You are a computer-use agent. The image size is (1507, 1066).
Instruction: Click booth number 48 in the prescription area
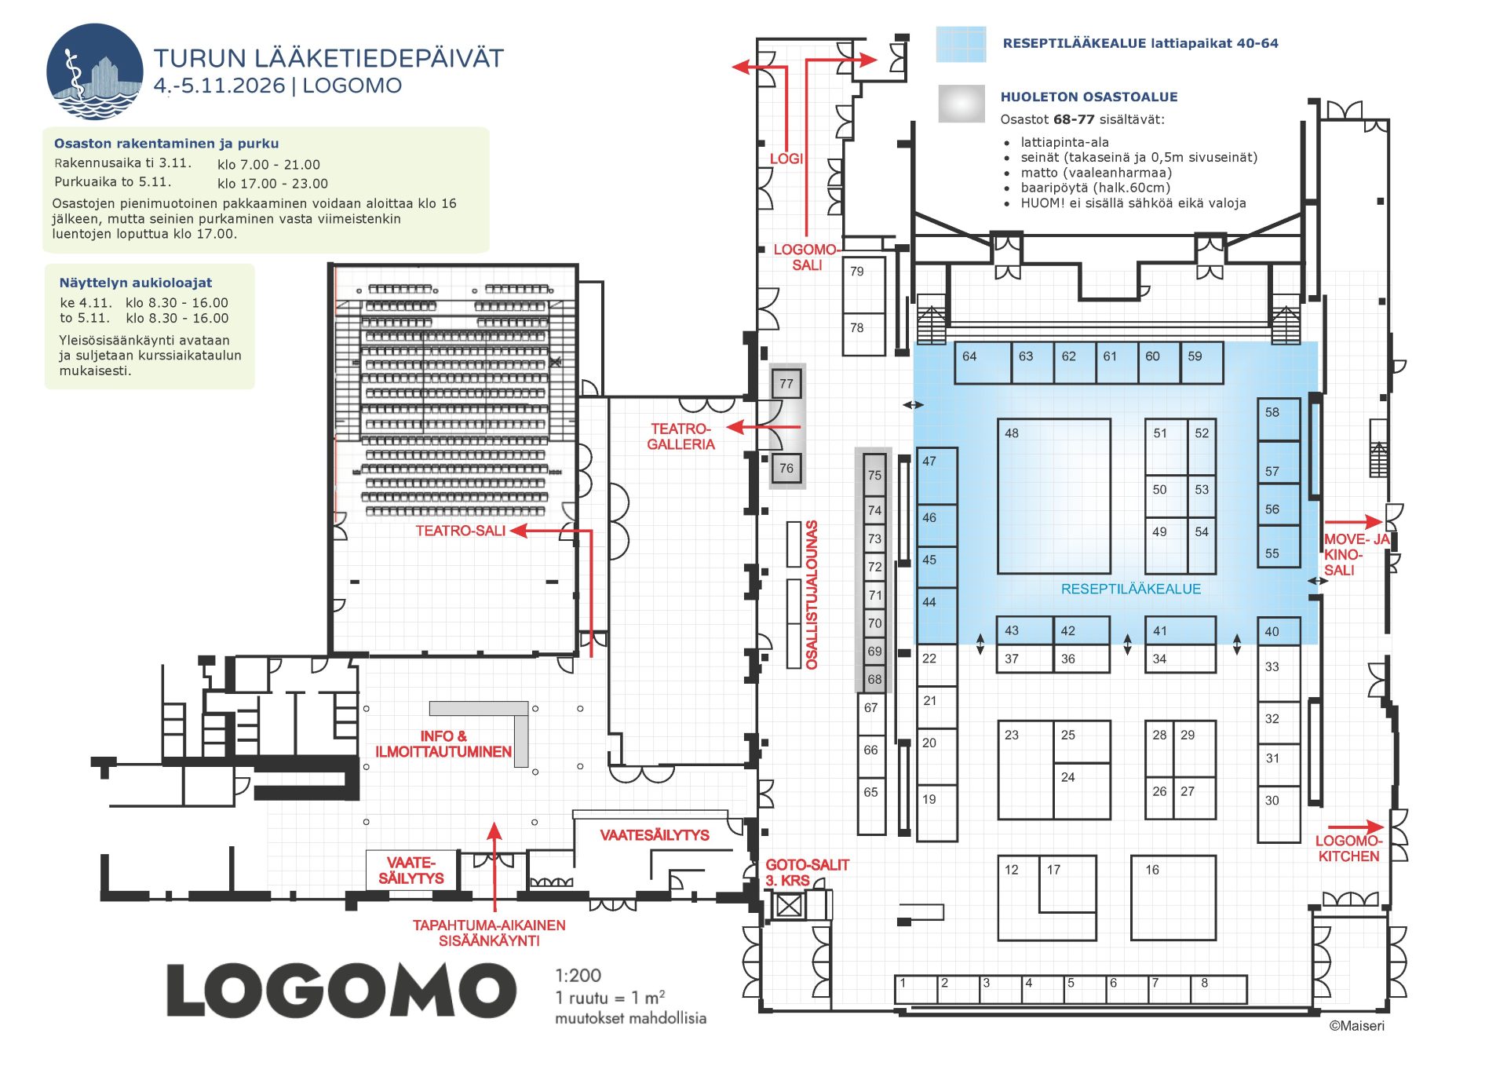[1053, 495]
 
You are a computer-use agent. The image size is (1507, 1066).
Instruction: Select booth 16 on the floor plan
[1173, 897]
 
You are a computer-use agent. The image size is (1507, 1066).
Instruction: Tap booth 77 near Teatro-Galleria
[786, 384]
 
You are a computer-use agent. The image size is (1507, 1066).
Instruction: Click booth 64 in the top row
[982, 363]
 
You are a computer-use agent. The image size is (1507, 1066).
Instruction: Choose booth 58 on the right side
[1278, 418]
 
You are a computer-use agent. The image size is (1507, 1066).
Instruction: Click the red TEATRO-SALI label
[460, 531]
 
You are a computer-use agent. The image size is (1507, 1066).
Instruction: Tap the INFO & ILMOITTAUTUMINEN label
[443, 743]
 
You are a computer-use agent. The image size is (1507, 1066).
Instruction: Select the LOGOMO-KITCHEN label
[1348, 849]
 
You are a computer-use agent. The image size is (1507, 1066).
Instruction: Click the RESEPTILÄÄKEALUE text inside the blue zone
[1130, 589]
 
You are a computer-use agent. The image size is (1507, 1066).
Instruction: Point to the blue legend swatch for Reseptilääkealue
[961, 44]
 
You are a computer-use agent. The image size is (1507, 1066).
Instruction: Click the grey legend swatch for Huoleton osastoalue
[961, 104]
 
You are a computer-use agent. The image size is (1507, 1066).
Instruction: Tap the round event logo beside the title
[94, 71]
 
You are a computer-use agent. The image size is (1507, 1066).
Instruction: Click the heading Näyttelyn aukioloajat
[135, 283]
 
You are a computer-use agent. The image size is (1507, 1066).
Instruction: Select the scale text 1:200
[578, 975]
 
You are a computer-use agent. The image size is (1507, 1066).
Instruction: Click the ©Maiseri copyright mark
[1356, 1025]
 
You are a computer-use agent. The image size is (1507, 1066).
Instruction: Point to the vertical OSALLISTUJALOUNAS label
[812, 594]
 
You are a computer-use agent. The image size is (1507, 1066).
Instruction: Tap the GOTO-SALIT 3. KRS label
[807, 872]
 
